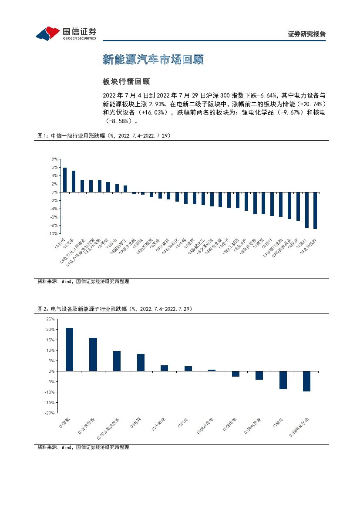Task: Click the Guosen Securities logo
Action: tap(66, 33)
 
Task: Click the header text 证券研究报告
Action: tap(306, 34)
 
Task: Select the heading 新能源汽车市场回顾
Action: tap(153, 60)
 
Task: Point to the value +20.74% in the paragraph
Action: tap(311, 104)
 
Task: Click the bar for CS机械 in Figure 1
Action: tap(65, 180)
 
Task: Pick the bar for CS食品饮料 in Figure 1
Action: tap(315, 210)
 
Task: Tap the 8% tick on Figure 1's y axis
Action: tap(54, 159)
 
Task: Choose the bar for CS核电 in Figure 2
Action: tap(283, 380)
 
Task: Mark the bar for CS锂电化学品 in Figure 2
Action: tap(306, 381)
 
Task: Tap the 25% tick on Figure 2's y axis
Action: tap(50, 319)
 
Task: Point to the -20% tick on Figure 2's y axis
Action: tap(49, 413)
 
